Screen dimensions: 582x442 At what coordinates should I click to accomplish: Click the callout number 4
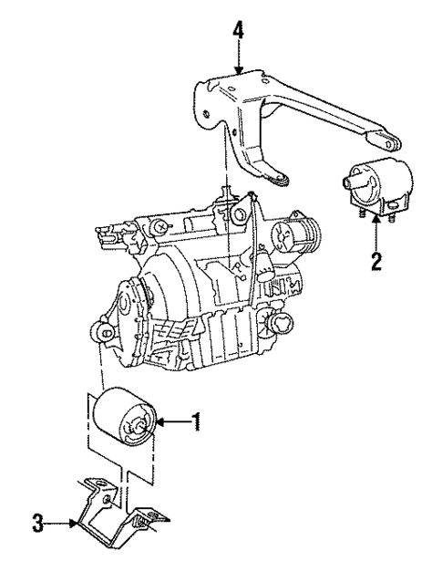[x=238, y=29]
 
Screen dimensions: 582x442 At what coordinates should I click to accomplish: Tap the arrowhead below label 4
[x=238, y=70]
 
